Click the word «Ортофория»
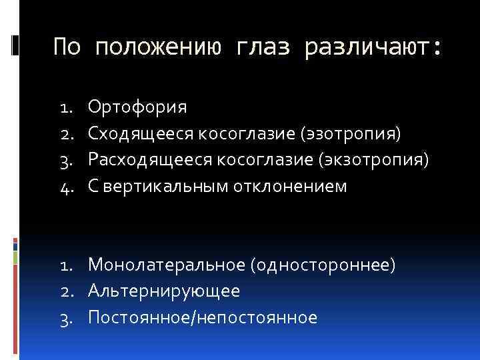[137, 107]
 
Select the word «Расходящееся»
[147, 160]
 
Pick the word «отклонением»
[290, 187]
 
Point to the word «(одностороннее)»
[323, 265]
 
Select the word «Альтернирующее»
[164, 291]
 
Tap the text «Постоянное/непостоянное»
[203, 317]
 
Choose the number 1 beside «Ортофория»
[65, 107]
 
